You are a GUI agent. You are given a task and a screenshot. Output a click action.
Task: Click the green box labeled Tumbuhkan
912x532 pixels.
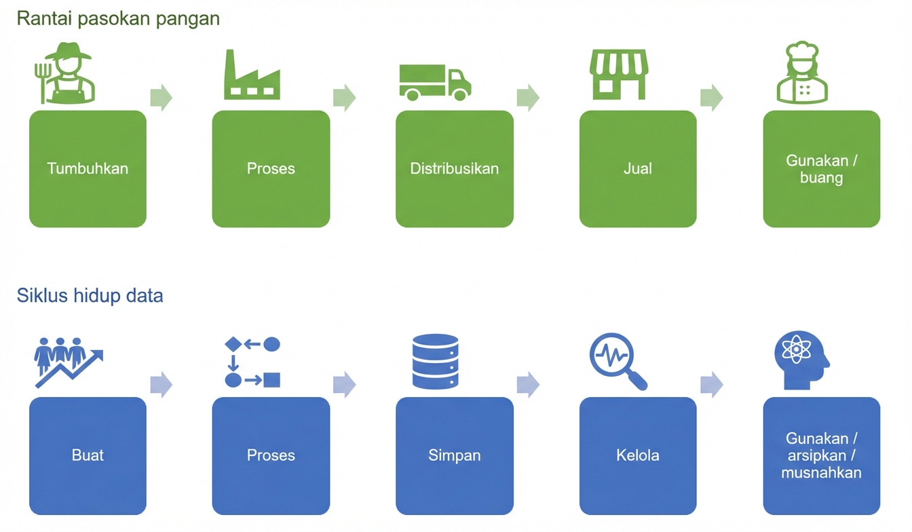point(88,169)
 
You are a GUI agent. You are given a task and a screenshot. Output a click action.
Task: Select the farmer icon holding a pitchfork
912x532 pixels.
point(66,73)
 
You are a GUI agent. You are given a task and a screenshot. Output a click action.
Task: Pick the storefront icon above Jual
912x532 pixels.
point(618,74)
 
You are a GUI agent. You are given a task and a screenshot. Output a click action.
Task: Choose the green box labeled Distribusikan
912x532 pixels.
point(455,169)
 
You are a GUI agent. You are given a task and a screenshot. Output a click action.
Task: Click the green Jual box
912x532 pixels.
point(638,169)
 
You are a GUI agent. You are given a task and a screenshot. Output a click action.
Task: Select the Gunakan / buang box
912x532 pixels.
point(822,169)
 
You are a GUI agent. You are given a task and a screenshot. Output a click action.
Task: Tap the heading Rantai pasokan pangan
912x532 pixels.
point(118,18)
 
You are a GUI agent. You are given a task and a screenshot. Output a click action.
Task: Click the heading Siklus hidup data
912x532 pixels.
point(90,296)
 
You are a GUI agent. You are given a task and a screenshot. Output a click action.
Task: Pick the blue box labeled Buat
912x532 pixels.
point(88,455)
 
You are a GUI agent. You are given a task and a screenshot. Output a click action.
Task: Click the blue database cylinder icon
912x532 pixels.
point(436,362)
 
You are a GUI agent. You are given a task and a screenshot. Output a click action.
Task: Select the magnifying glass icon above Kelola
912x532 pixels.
point(617,362)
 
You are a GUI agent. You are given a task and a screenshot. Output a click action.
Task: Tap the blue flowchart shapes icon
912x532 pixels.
point(252,362)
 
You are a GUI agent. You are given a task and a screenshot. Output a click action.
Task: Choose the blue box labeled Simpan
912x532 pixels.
point(455,455)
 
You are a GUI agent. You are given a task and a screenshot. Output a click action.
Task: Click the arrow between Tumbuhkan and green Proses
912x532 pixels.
point(161,98)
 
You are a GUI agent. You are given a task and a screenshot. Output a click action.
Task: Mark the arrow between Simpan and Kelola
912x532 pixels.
point(528,385)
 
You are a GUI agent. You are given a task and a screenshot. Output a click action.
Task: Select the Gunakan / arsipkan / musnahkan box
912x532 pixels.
point(822,455)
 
